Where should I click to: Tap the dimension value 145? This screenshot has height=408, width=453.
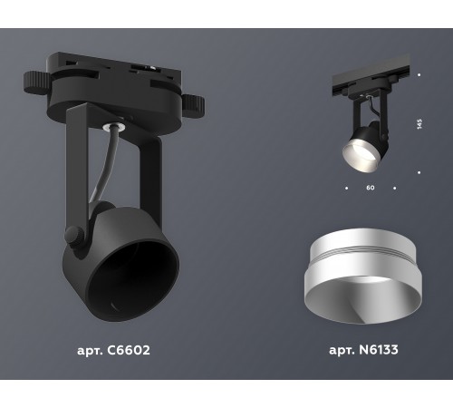pyautogui.click(x=419, y=122)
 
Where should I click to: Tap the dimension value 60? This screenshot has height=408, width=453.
pyautogui.click(x=370, y=189)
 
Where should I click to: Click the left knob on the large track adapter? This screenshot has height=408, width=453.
pyautogui.click(x=33, y=78)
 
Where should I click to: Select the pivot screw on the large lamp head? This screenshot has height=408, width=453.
pyautogui.click(x=75, y=238)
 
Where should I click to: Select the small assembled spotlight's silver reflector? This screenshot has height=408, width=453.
pyautogui.click(x=358, y=153)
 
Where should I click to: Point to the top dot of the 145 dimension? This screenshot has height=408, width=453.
pyautogui.click(x=419, y=74)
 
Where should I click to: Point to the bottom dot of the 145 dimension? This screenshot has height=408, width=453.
pyautogui.click(x=419, y=171)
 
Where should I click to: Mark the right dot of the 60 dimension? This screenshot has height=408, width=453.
pyautogui.click(x=395, y=189)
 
